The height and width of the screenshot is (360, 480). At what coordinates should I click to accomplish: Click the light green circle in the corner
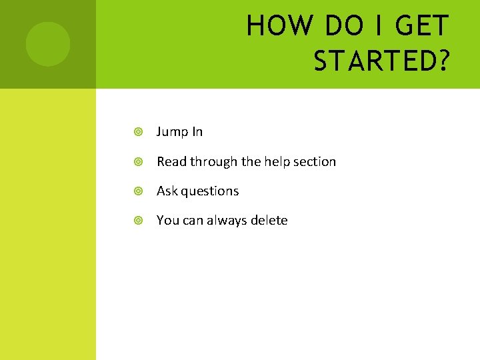(x=48, y=44)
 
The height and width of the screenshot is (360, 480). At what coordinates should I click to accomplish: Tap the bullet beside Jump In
(x=138, y=132)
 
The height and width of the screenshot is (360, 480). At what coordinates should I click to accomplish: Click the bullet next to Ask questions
(x=138, y=191)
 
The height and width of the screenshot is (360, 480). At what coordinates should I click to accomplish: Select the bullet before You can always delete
(x=138, y=221)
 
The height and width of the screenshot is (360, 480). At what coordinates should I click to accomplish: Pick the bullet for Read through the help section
(x=138, y=162)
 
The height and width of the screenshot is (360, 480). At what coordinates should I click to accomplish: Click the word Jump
(x=171, y=132)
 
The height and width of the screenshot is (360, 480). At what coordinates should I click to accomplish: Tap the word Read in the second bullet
(x=171, y=161)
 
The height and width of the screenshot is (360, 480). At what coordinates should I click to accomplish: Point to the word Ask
(x=167, y=191)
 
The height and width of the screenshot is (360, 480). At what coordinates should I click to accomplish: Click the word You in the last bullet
(x=168, y=220)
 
